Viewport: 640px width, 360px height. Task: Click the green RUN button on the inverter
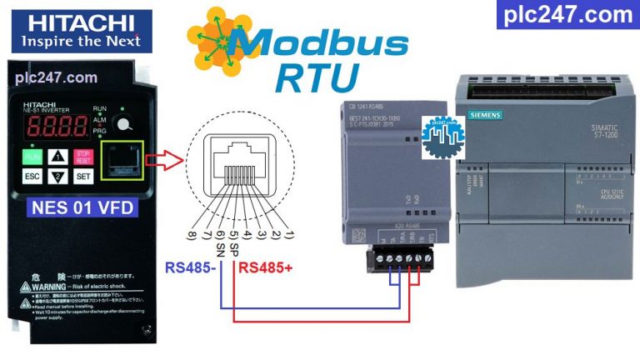click(32, 156)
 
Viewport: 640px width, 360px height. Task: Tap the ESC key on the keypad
click(32, 177)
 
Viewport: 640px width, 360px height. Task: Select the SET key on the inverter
click(83, 177)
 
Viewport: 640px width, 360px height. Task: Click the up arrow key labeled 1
click(57, 156)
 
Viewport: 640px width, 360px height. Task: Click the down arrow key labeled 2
click(57, 177)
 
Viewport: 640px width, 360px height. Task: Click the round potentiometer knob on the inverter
click(123, 125)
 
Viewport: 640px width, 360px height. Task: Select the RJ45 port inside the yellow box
click(120, 162)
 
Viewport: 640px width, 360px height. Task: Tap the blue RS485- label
click(190, 267)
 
